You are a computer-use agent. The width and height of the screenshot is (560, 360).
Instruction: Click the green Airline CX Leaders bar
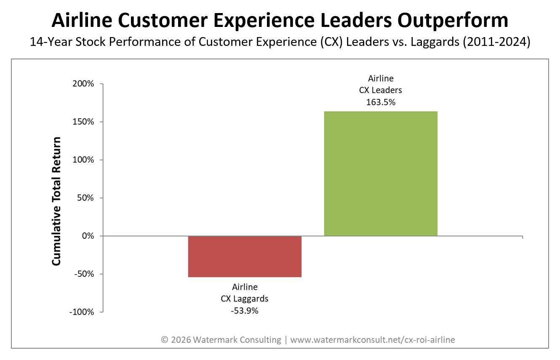click(380, 173)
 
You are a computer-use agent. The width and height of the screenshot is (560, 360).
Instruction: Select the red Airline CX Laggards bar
click(245, 256)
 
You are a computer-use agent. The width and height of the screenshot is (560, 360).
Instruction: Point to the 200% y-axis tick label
click(85, 84)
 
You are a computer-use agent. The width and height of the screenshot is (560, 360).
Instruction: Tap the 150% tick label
click(85, 122)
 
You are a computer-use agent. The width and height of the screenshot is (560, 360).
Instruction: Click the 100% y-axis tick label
click(85, 160)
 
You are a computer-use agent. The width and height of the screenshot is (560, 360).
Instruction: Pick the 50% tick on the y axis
click(87, 198)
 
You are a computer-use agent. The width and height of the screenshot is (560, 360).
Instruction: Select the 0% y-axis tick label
click(88, 236)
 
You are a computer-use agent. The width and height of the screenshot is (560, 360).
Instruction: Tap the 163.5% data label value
click(380, 101)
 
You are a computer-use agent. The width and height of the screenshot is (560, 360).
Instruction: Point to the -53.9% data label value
click(245, 311)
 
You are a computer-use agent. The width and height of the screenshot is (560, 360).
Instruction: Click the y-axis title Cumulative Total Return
click(56, 201)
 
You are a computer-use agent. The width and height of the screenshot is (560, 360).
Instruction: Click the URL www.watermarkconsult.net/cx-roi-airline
click(373, 340)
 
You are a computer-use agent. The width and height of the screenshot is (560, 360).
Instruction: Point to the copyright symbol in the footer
click(165, 340)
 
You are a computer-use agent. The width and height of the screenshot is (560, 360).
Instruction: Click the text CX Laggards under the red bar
click(245, 299)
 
